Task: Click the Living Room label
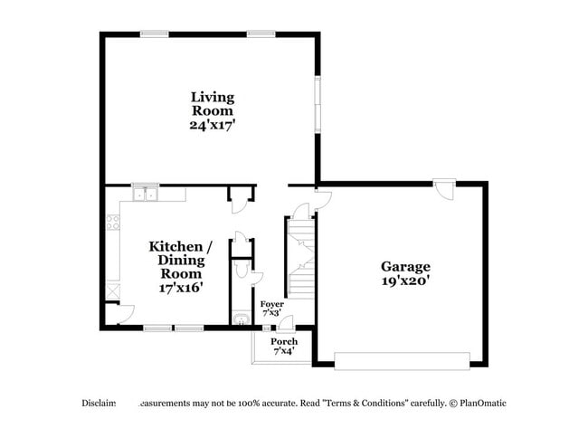pyautogui.click(x=212, y=103)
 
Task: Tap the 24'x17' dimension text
pyautogui.click(x=212, y=126)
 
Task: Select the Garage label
pyautogui.click(x=404, y=266)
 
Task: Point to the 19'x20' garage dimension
pyautogui.click(x=404, y=281)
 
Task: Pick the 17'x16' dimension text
pyautogui.click(x=181, y=287)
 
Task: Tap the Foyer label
pyautogui.click(x=271, y=304)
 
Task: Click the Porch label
pyautogui.click(x=284, y=341)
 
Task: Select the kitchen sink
pyautogui.click(x=145, y=194)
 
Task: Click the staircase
pyautogui.click(x=302, y=258)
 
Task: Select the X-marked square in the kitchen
pyautogui.click(x=112, y=291)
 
